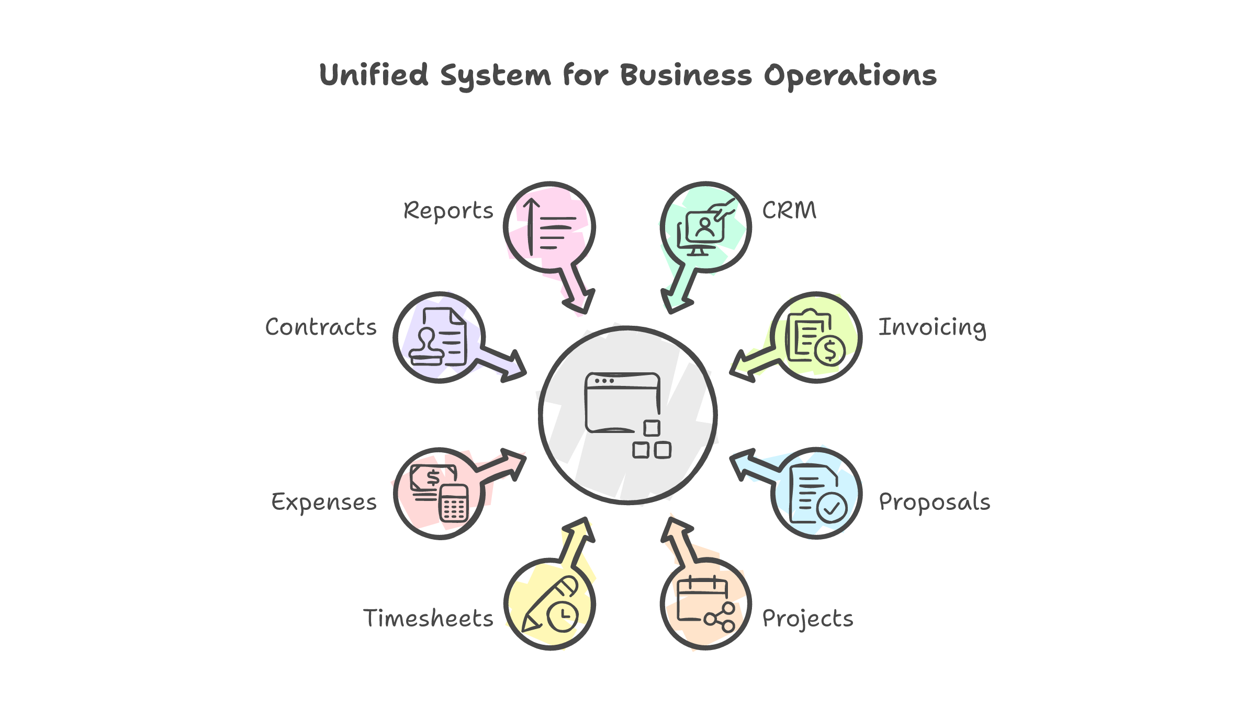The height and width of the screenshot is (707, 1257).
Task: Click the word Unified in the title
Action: tap(374, 75)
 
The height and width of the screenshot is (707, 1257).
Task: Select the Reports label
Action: tap(448, 211)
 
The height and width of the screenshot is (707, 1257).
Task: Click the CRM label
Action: tap(789, 210)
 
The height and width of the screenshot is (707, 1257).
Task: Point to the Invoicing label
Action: tap(932, 328)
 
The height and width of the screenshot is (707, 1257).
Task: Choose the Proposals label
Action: tap(934, 502)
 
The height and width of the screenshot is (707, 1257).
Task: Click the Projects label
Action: tap(807, 619)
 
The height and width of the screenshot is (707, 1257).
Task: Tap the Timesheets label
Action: tap(428, 618)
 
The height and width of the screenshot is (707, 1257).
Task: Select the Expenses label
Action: tap(324, 502)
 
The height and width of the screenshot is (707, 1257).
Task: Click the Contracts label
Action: tap(321, 327)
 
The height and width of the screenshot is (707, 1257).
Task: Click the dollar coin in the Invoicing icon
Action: tap(829, 350)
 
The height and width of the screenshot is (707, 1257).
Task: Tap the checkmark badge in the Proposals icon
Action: tap(832, 507)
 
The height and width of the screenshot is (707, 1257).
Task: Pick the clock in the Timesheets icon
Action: tap(563, 617)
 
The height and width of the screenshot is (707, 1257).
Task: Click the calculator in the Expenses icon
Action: tap(453, 503)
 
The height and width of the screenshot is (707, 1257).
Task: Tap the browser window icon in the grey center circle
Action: tap(622, 403)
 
